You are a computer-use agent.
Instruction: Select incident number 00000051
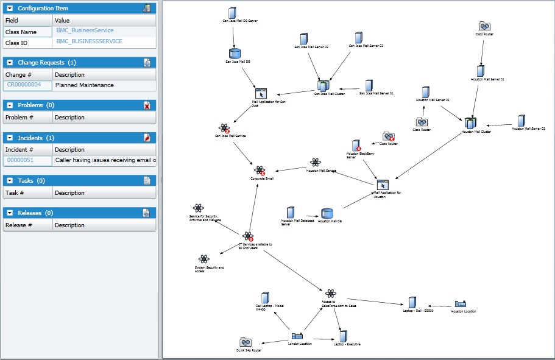tap(20, 161)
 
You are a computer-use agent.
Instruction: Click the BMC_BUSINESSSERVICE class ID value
tap(90, 41)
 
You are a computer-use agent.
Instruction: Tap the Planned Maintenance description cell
tap(85, 85)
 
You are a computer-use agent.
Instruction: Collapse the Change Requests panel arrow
tap(10, 63)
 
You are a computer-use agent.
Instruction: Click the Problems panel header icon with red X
tap(147, 105)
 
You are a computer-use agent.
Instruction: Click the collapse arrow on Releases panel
tap(10, 213)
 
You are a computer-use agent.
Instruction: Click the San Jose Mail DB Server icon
tap(232, 12)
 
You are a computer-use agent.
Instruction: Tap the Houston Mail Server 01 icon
tap(481, 71)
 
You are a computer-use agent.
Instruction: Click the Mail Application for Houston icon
tap(383, 185)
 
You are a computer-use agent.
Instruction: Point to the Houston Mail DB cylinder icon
tap(327, 214)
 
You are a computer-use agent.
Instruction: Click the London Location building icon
tap(297, 336)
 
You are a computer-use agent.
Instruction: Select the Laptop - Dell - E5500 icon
tap(412, 303)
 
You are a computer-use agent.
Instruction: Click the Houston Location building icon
tap(461, 304)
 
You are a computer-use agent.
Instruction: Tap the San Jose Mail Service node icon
tap(225, 129)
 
